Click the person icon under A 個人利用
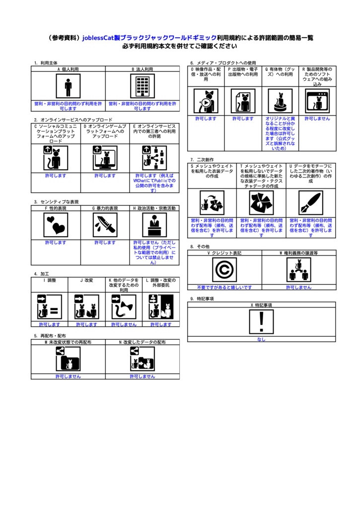click(x=68, y=86)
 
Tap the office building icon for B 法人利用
click(x=143, y=86)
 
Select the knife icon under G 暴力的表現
click(x=105, y=225)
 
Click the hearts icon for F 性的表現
click(x=56, y=225)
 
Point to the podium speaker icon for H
click(x=154, y=225)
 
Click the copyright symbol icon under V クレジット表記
click(x=224, y=270)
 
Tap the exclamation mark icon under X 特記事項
click(x=262, y=322)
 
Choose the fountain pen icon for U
click(x=311, y=202)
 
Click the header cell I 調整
click(x=49, y=280)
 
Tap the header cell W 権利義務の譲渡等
click(x=298, y=253)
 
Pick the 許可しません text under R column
click(x=317, y=119)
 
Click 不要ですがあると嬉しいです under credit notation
click(x=224, y=287)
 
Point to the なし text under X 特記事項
click(x=262, y=340)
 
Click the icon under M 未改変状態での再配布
click(x=68, y=358)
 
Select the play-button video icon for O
click(x=206, y=101)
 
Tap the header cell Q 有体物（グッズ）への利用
click(x=280, y=72)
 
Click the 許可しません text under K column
click(x=124, y=324)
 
